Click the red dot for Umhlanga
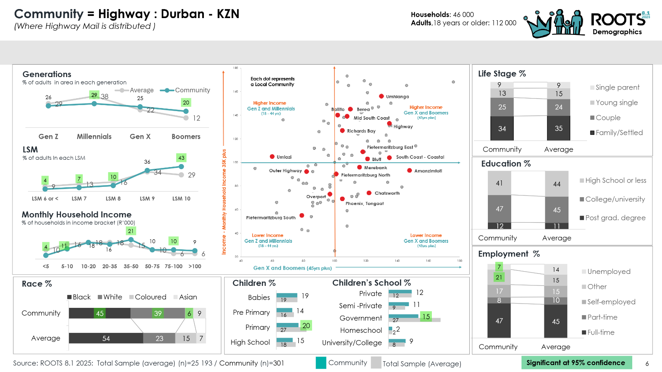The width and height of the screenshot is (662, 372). click(x=381, y=96)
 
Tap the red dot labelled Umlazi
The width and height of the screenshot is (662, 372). click(x=272, y=157)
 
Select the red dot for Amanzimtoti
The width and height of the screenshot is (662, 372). click(x=409, y=170)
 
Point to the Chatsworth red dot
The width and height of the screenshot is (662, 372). click(x=369, y=193)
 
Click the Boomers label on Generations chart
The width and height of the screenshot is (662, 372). click(x=186, y=136)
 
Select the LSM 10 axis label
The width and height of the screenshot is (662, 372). click(x=181, y=198)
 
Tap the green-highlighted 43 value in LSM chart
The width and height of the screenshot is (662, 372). click(x=181, y=158)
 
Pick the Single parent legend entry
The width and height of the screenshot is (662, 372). click(x=617, y=87)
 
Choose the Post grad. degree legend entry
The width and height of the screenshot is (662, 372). click(x=615, y=218)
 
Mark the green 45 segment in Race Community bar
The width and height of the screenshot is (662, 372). click(x=100, y=313)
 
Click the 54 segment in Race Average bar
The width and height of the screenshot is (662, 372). click(x=106, y=338)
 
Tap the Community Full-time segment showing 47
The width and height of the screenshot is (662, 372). click(x=499, y=321)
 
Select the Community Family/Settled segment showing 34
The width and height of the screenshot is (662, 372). click(x=502, y=128)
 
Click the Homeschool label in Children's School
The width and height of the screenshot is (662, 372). click(x=361, y=330)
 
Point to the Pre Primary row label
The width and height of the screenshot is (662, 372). click(x=251, y=312)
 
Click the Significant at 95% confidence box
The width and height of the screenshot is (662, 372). click(x=576, y=363)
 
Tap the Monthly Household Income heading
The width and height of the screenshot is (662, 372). click(x=77, y=214)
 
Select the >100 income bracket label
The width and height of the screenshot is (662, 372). click(x=195, y=266)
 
